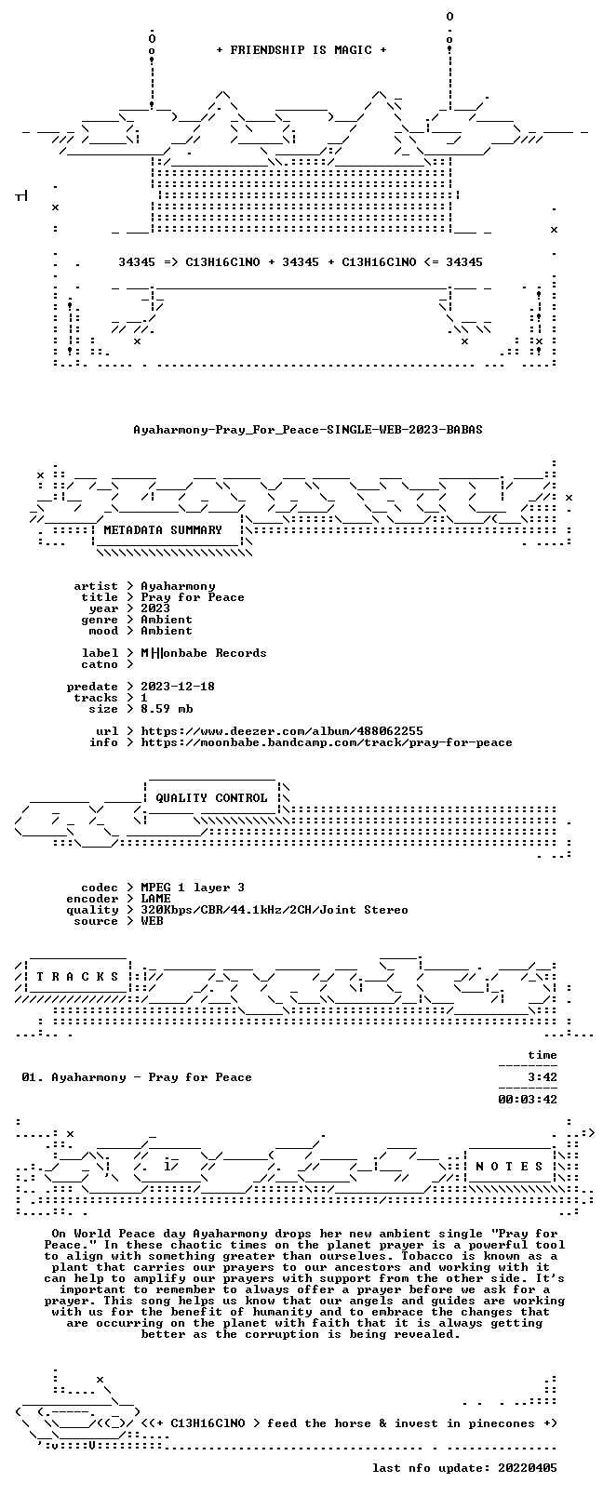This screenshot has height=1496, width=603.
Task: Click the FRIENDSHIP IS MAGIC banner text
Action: tap(301, 50)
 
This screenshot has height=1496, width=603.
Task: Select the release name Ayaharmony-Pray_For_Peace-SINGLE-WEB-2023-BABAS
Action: tap(308, 430)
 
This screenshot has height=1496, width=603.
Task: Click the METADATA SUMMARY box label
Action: tap(163, 530)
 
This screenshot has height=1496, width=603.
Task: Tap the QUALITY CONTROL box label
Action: tap(211, 798)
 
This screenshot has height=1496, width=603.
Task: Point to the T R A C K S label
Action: tap(77, 977)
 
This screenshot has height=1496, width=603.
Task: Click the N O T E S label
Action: tap(510, 1166)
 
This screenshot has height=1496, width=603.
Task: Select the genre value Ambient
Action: tap(167, 620)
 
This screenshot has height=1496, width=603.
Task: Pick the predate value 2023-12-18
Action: tap(178, 687)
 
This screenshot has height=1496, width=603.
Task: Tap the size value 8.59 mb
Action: tap(167, 709)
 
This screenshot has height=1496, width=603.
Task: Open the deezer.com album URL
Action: tap(282, 731)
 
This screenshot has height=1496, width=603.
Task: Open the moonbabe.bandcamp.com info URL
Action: tap(327, 742)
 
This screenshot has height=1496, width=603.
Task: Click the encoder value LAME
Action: tap(155, 899)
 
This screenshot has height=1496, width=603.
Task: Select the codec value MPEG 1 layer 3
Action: tap(193, 888)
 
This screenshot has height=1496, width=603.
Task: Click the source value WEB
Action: tap(152, 921)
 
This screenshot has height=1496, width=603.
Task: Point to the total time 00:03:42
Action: tap(528, 1100)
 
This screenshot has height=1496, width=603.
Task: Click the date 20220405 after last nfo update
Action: tap(528, 1468)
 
